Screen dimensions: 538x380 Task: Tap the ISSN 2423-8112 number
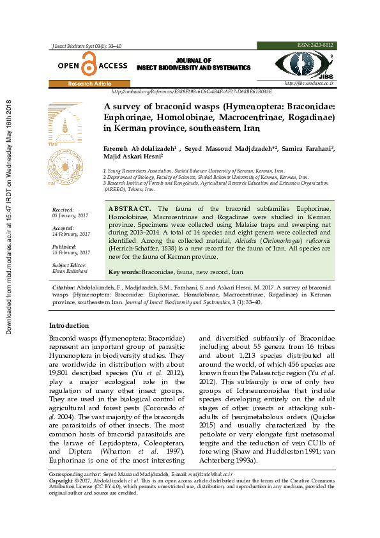pos(315,45)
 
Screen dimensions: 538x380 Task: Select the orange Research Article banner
pos(89,84)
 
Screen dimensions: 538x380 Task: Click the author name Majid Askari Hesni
pos(133,157)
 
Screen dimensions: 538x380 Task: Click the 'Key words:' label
pos(125,272)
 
